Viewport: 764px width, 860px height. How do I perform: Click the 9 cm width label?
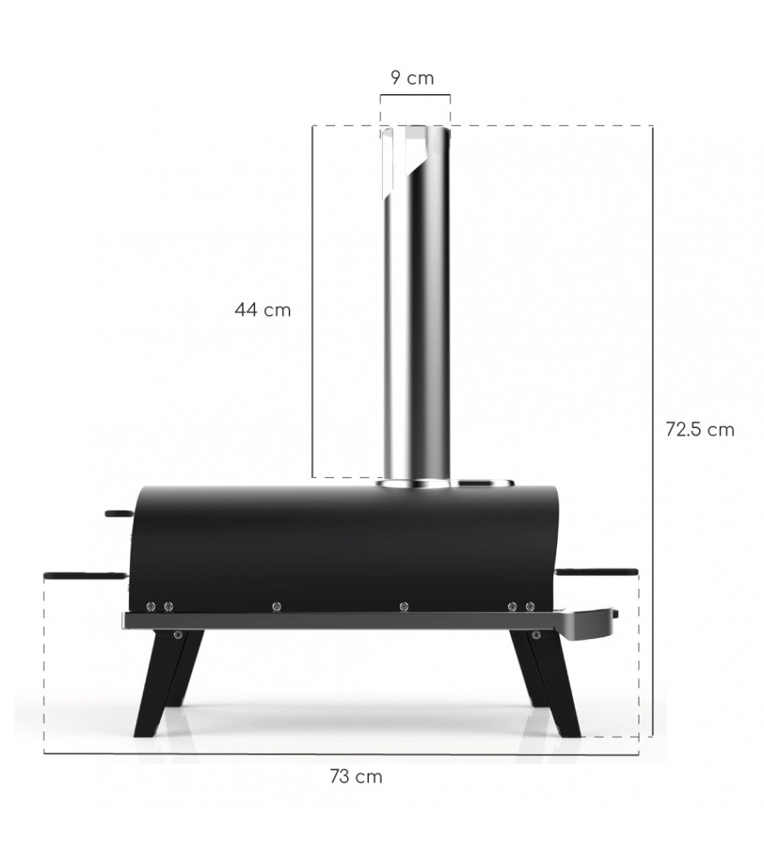click(412, 78)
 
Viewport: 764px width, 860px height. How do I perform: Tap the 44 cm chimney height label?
click(263, 310)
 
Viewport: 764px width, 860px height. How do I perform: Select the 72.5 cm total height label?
click(699, 430)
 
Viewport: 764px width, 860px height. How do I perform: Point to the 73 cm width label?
click(356, 777)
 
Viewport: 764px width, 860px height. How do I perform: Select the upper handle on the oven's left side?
click(118, 513)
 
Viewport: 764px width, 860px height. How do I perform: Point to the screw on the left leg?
click(178, 634)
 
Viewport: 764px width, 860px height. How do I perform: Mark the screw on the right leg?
click(536, 634)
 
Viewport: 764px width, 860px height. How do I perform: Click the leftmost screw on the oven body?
click(151, 607)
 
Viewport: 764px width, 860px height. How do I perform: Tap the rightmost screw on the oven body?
click(529, 607)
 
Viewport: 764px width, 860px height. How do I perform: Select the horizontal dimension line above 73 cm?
click(341, 754)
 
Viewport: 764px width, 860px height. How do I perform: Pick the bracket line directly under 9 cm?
click(416, 95)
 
